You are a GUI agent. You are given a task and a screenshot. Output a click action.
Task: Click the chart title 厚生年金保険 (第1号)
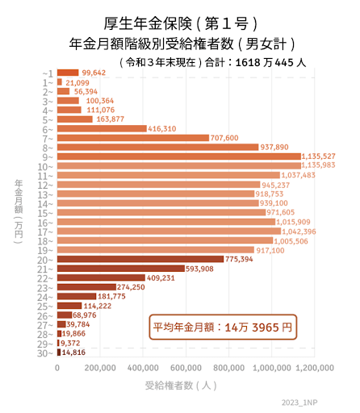pyautogui.click(x=179, y=22)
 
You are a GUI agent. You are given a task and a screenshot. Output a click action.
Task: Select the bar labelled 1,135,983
pyautogui.click(x=178, y=165)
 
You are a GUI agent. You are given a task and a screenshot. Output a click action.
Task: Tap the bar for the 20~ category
pyautogui.click(x=140, y=259)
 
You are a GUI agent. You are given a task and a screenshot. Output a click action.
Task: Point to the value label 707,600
pyautogui.click(x=228, y=138)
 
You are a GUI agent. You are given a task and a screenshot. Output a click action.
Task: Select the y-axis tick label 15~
pyautogui.click(x=45, y=212)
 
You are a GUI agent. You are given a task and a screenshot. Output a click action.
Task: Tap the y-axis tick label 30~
pyautogui.click(x=45, y=353)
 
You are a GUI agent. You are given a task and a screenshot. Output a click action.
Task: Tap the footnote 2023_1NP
pyautogui.click(x=323, y=402)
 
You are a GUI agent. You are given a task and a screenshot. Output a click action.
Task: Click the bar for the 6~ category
pyautogui.click(x=101, y=128)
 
